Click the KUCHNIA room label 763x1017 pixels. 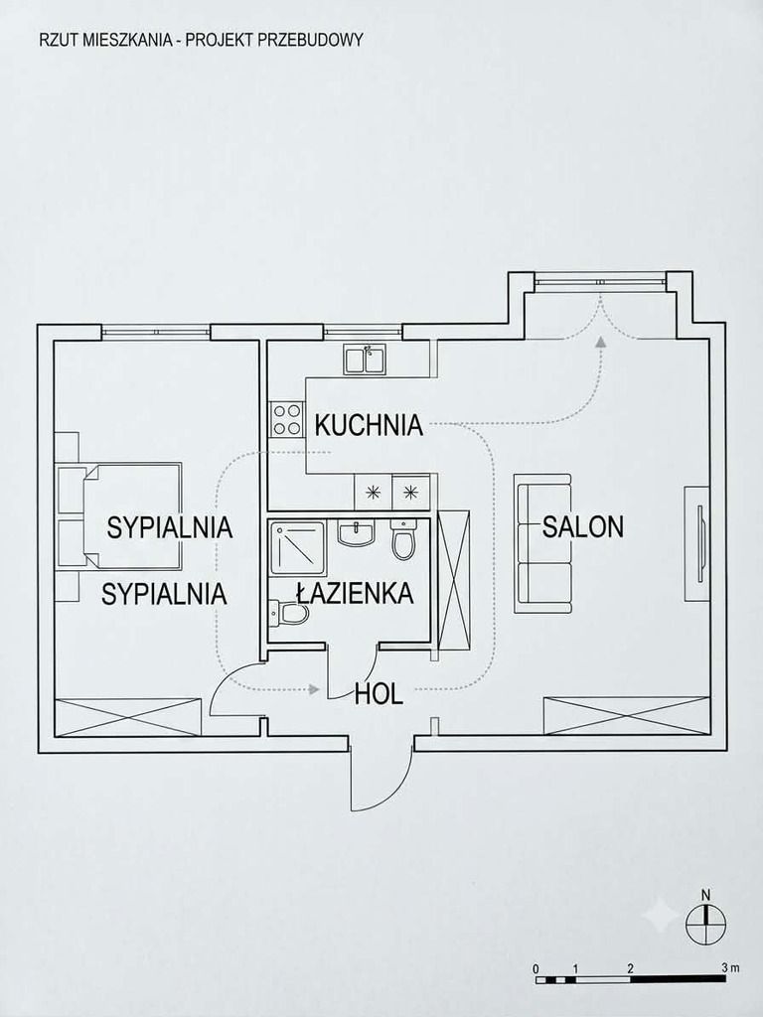coord(369,425)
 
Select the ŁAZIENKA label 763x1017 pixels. coord(355,593)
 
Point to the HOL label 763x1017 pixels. coord(379,693)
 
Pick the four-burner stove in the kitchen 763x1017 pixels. coord(287,419)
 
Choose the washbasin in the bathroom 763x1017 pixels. coord(356,533)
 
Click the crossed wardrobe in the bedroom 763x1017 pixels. coord(127,717)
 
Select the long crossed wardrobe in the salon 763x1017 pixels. coord(626,715)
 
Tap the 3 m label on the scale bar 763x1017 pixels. coord(730,967)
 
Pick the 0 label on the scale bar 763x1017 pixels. coord(535,968)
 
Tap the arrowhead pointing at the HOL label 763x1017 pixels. coord(315,689)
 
